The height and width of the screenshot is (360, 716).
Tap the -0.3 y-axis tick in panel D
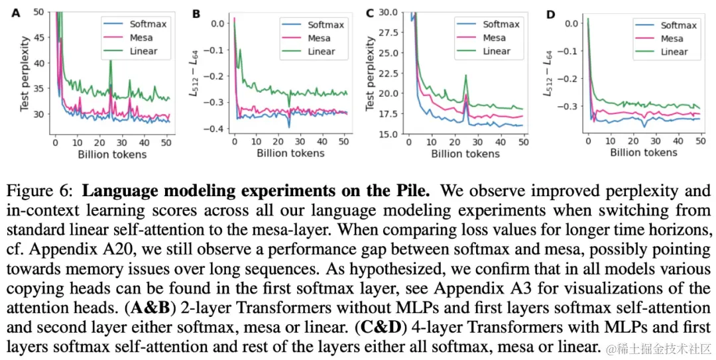[x=567, y=105]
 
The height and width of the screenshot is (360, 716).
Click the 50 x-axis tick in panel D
[x=695, y=141]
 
